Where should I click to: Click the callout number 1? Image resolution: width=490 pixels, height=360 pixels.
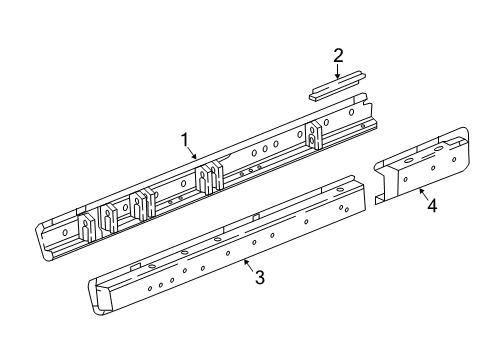[184, 141]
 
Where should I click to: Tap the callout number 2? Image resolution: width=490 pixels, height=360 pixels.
[338, 55]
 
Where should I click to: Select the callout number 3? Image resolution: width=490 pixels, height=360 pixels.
[259, 277]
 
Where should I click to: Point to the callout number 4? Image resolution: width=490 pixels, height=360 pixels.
[432, 207]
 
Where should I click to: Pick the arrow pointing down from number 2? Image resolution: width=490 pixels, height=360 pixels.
[337, 70]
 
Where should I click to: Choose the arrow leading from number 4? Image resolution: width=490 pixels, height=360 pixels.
[423, 194]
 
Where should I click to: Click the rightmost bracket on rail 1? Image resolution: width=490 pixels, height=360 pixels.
[318, 135]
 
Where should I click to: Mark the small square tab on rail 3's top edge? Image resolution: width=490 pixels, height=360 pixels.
[257, 216]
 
